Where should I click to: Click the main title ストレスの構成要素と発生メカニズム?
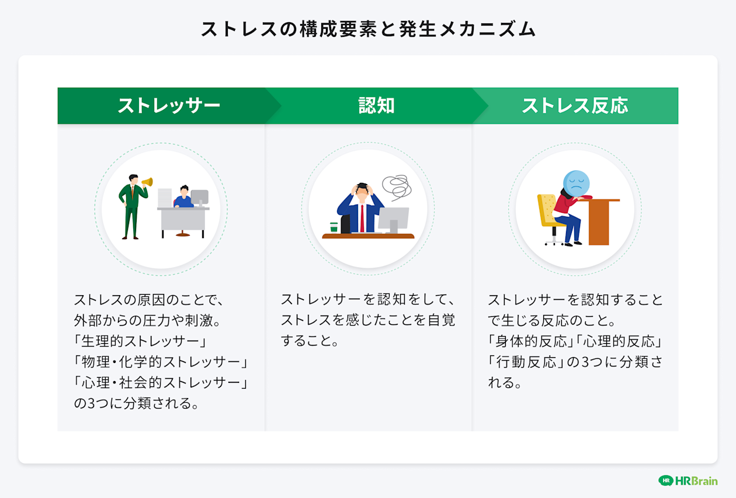coord(368,29)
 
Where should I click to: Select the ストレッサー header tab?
coord(168,106)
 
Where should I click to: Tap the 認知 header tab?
coord(376,106)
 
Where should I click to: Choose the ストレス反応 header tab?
coord(575,106)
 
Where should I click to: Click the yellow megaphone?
coord(147,182)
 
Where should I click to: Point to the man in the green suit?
coord(131,207)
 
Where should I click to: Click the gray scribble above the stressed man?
coord(395,187)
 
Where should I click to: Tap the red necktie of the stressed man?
coord(363,217)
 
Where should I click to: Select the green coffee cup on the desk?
coord(334,227)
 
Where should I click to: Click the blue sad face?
coord(576,184)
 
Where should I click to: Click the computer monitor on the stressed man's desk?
coord(393,217)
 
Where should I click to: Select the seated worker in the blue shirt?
coord(184,199)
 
